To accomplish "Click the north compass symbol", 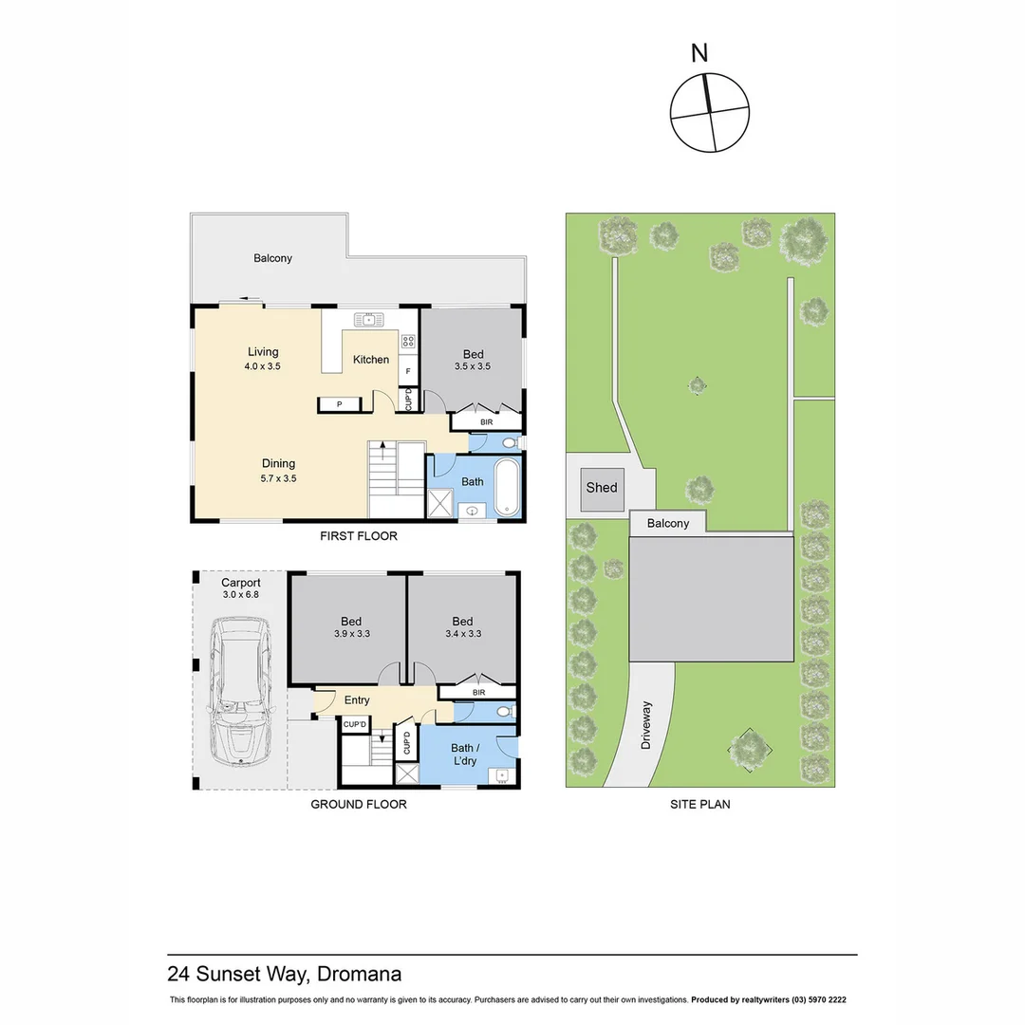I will (708, 113).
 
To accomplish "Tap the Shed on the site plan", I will (602, 489).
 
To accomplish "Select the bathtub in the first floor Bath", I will (508, 487).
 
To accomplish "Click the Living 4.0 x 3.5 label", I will (263, 358).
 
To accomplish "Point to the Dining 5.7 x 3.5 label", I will (279, 471).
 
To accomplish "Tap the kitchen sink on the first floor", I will (366, 319).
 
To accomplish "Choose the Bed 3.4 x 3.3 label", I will (462, 626).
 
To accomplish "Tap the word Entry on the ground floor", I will (357, 700).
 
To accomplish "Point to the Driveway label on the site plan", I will (646, 725).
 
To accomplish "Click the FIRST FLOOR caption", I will (358, 536).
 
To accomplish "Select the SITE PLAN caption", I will (699, 804).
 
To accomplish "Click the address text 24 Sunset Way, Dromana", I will (284, 974).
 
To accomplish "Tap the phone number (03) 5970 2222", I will (811, 1000).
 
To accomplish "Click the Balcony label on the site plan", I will (668, 523).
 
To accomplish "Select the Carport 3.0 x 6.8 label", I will (240, 588).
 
